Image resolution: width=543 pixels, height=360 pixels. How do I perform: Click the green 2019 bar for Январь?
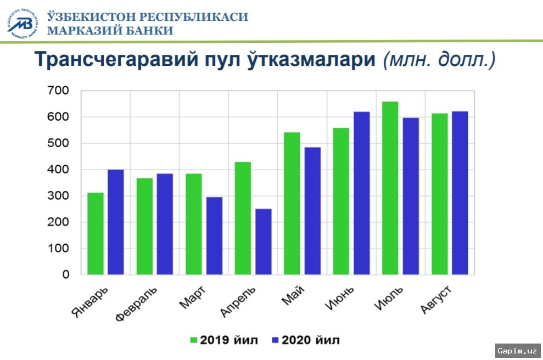pos(96,233)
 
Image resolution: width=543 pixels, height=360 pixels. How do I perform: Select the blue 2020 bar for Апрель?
pos(264,241)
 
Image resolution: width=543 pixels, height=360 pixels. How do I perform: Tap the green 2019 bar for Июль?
pos(390,188)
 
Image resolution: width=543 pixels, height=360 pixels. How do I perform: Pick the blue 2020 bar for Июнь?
pos(362,193)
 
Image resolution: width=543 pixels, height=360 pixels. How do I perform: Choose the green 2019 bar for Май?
pos(292,203)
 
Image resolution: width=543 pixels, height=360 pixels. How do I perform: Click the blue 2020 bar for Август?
pos(460,193)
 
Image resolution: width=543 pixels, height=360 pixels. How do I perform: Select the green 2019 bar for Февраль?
pos(144,226)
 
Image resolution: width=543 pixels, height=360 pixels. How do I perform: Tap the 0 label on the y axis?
pos(65,274)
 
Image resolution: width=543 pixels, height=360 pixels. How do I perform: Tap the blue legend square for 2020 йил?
pos(276,340)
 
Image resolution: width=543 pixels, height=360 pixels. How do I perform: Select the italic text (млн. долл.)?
pos(439,59)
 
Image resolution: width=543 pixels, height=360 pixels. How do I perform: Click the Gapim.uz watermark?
pos(517,351)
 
